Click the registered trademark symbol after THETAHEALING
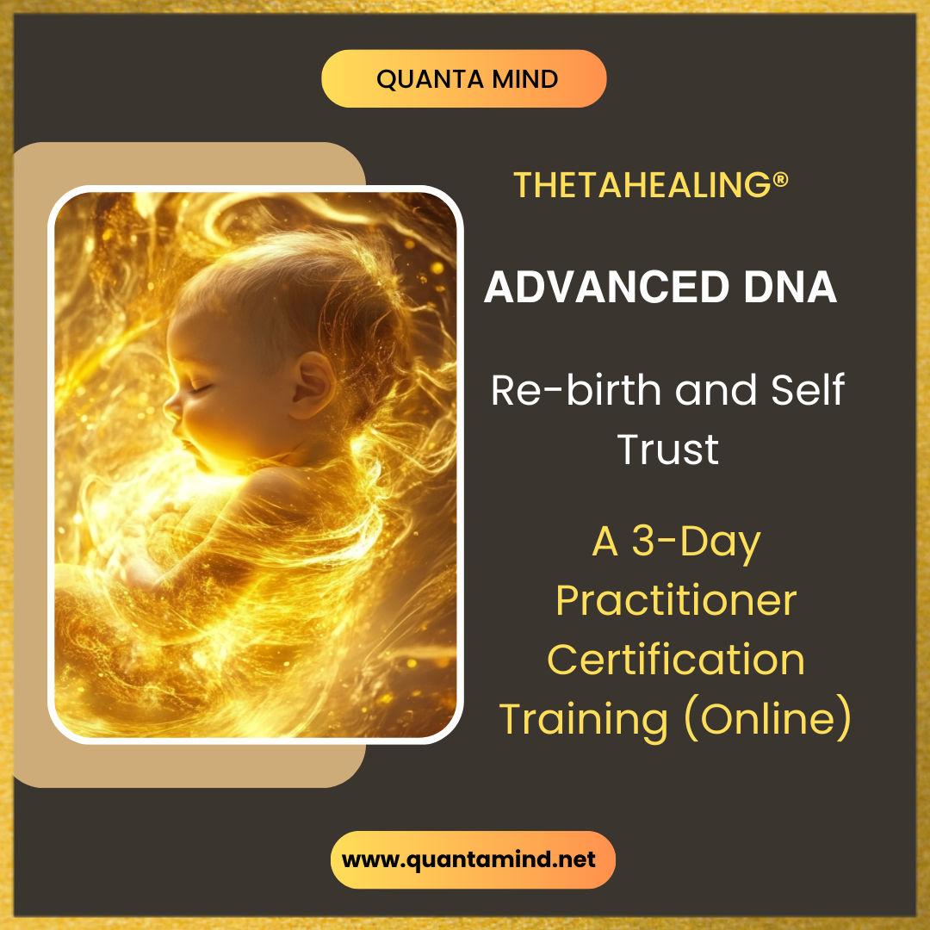click(x=781, y=179)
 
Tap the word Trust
click(x=668, y=449)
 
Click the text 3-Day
click(x=697, y=542)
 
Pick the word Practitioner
click(x=676, y=600)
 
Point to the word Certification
click(x=676, y=660)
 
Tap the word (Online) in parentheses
click(x=767, y=718)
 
